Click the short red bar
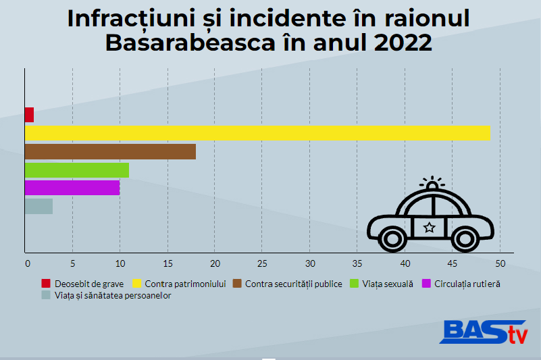click(29, 115)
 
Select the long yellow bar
click(257, 133)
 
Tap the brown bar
click(110, 151)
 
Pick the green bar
click(77, 170)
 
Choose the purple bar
click(72, 188)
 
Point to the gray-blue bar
click(38, 206)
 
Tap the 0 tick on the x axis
click(28, 263)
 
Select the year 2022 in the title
click(395, 43)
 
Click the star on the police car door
click(429, 228)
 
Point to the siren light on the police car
click(432, 184)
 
